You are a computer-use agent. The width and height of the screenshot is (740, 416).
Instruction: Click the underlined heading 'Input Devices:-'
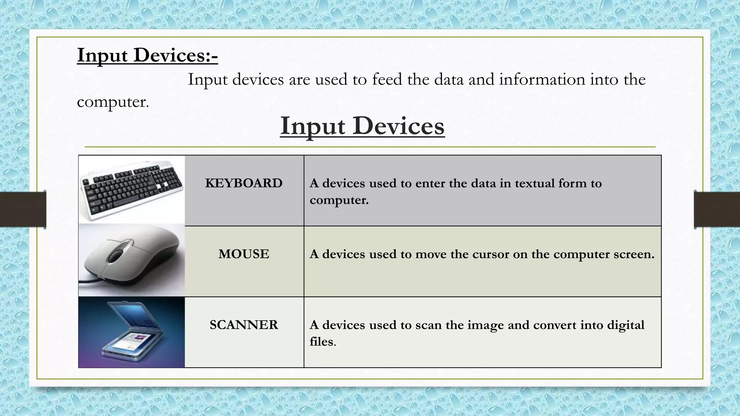[x=147, y=56]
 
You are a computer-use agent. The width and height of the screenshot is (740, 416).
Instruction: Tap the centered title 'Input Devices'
[x=362, y=126]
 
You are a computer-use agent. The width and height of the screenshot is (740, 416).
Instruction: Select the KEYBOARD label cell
[x=244, y=183]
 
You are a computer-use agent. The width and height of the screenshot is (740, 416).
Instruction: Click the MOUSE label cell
[x=244, y=254]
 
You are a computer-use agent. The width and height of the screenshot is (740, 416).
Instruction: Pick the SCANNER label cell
[x=244, y=325]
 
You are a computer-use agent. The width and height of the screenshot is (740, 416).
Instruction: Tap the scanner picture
[x=132, y=332]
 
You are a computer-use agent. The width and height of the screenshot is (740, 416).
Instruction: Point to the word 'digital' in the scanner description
[x=625, y=325]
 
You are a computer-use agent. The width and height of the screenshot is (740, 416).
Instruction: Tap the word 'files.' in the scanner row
[x=323, y=342]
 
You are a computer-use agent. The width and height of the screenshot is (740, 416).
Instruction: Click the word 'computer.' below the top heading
[x=113, y=102]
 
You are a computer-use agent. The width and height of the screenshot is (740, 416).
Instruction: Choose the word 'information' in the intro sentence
[x=542, y=79]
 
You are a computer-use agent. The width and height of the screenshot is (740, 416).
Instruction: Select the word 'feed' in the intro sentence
[x=387, y=79]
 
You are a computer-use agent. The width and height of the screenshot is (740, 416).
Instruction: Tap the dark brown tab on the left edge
[x=23, y=209]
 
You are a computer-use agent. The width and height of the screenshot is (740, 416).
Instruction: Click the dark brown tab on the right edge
[x=717, y=209]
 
